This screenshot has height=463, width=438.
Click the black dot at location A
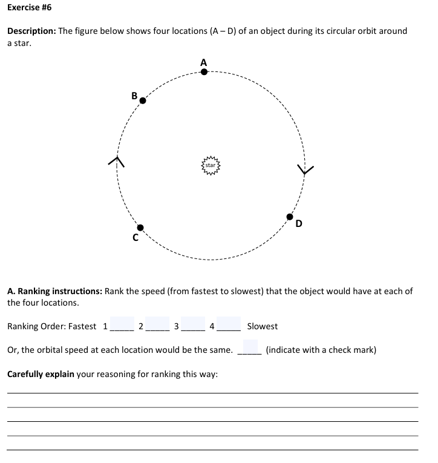(x=204, y=72)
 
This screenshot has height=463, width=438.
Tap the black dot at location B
(x=143, y=101)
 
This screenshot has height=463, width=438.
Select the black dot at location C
(x=140, y=228)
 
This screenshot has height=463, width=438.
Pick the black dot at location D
(x=290, y=217)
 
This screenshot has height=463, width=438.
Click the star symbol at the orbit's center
(x=211, y=165)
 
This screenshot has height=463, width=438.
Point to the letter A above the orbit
(x=203, y=62)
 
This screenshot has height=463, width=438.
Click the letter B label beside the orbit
(x=134, y=95)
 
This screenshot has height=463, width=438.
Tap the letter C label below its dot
(x=136, y=238)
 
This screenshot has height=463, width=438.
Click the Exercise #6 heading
(x=29, y=8)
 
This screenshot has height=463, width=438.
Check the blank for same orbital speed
(x=249, y=349)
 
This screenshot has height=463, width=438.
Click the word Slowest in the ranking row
(x=263, y=326)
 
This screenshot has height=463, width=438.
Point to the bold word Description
(x=31, y=31)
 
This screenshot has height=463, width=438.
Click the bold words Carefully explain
(x=41, y=374)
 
